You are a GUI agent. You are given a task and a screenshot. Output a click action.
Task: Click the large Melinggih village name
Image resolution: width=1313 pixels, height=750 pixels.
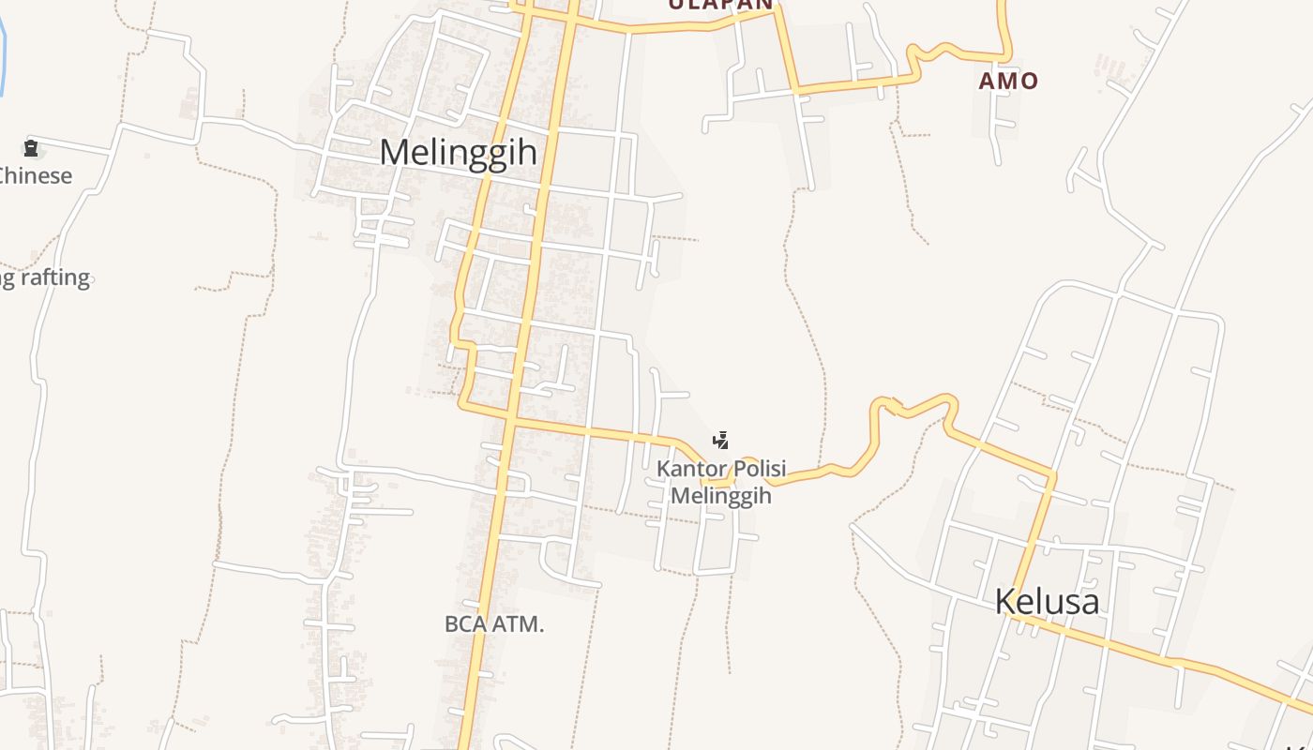pyautogui.click(x=458, y=152)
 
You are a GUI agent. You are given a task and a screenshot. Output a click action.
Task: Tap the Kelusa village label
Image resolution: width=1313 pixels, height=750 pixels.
pyautogui.click(x=1047, y=601)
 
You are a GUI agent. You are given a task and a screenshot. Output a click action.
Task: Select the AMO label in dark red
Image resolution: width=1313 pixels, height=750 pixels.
pyautogui.click(x=1008, y=81)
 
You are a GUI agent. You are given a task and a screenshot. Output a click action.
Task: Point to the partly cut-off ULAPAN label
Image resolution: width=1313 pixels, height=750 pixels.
pyautogui.click(x=720, y=5)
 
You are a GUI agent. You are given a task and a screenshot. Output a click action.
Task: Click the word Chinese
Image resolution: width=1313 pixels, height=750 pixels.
pyautogui.click(x=36, y=175)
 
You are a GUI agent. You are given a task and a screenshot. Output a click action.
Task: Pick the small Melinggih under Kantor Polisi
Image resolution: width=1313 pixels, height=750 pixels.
pyautogui.click(x=721, y=495)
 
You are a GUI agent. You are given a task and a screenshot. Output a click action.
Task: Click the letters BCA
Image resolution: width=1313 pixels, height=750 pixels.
pyautogui.click(x=463, y=623)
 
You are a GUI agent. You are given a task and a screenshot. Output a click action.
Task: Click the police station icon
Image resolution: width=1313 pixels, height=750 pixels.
pyautogui.click(x=720, y=440)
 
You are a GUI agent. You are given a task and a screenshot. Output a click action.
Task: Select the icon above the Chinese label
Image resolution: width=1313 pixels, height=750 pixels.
pyautogui.click(x=31, y=147)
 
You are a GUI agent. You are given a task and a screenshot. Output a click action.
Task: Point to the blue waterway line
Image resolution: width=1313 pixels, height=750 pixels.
pyautogui.click(x=3, y=56)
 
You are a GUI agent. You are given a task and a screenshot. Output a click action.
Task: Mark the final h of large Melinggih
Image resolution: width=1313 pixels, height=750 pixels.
pyautogui.click(x=528, y=152)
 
